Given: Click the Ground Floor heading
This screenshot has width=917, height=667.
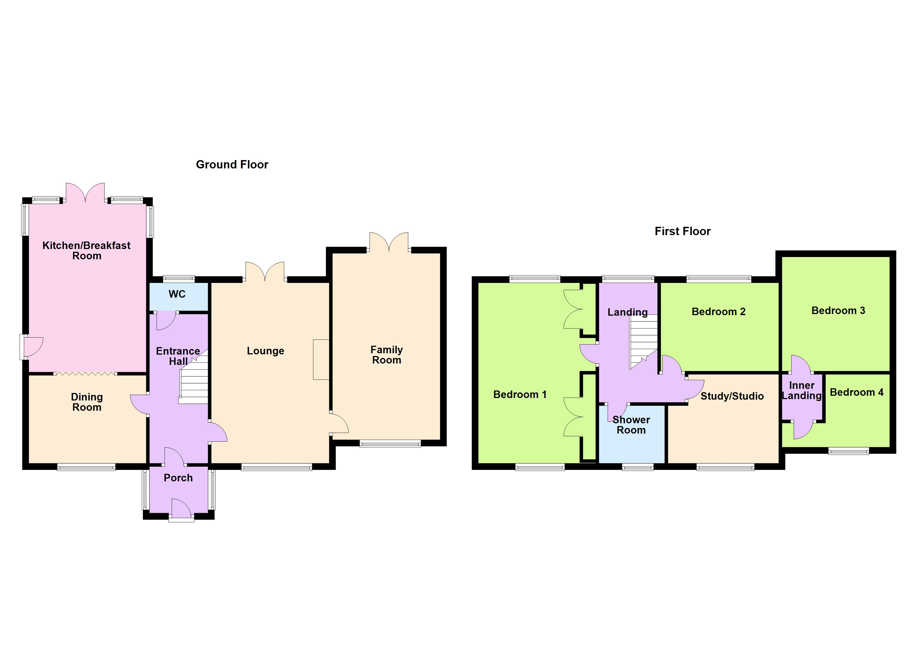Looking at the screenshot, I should click(232, 165).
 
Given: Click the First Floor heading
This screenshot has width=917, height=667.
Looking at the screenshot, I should click(682, 232).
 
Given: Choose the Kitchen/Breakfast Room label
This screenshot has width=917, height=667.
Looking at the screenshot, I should click(86, 250).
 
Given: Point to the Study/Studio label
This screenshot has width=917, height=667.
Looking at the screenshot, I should click(732, 396).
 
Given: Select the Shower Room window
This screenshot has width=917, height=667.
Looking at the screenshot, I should click(638, 467).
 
